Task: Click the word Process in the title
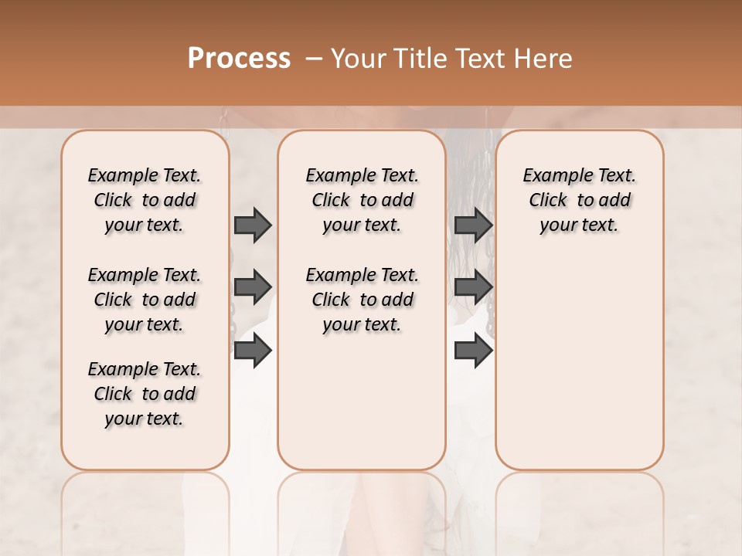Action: coord(239,59)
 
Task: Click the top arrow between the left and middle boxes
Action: coord(253,225)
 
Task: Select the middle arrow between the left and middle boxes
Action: coord(253,287)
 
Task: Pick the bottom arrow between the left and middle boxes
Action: coord(253,351)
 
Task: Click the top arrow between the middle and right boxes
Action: coord(473,225)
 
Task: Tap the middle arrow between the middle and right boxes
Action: coord(473,287)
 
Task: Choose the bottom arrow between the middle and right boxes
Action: coord(473,351)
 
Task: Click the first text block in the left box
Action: coord(145,200)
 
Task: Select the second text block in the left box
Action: coord(145,300)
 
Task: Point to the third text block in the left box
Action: coord(145,394)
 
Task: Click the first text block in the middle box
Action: coord(362,200)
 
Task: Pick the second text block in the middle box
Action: coord(362,300)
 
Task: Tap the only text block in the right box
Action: coord(580,200)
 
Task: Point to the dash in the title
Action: coord(313,59)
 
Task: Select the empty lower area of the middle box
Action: coord(362,402)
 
